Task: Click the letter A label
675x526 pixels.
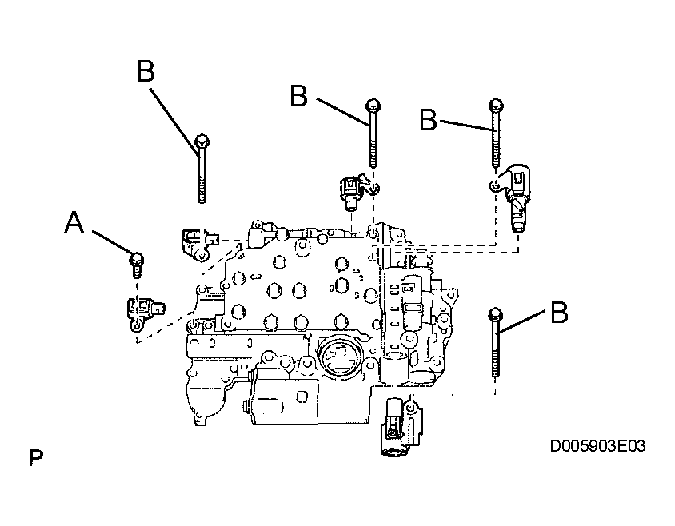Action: tap(74, 223)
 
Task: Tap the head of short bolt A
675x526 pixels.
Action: tap(137, 259)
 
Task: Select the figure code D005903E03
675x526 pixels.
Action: tap(597, 446)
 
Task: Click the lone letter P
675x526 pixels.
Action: tap(36, 457)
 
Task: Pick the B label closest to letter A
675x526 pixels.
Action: tap(146, 71)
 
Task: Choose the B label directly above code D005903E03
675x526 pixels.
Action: tap(559, 312)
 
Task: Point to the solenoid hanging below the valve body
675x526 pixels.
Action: tap(401, 426)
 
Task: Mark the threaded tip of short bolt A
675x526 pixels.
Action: tap(137, 273)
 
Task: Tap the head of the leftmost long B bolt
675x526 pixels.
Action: tap(202, 141)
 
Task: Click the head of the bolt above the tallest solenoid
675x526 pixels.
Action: tap(496, 105)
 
